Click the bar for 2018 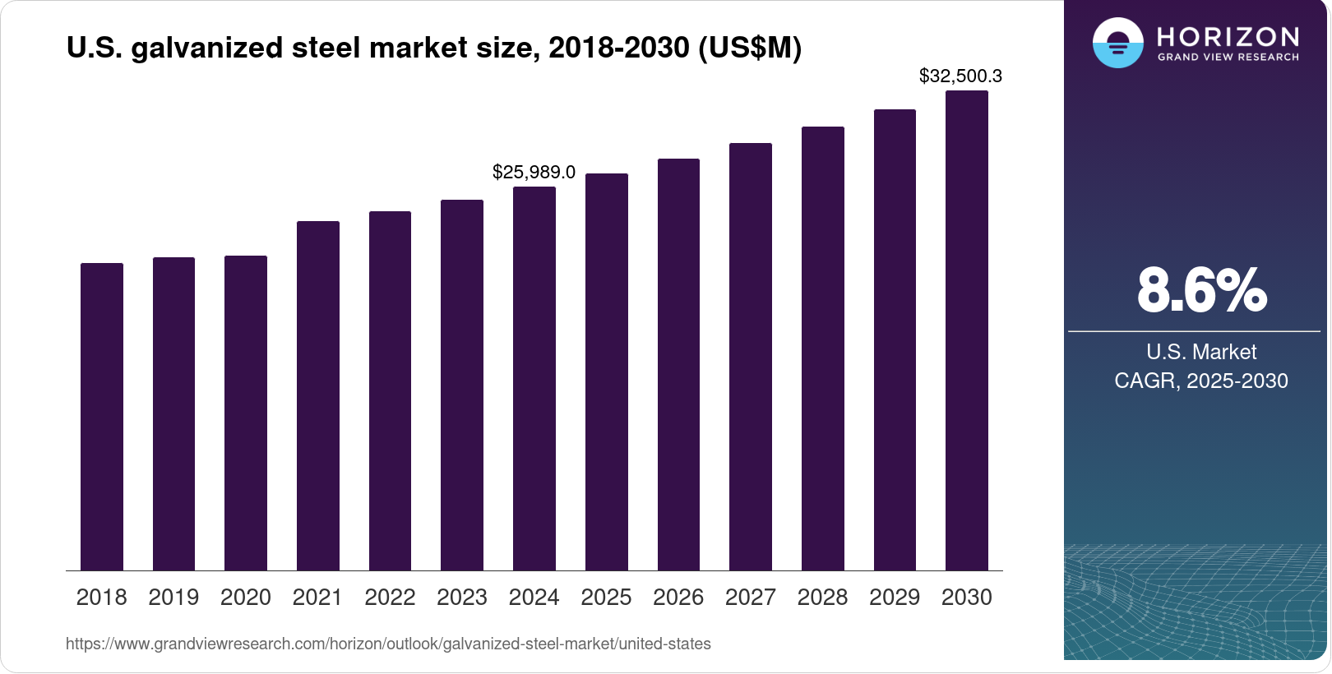pyautogui.click(x=102, y=417)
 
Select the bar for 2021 pyautogui.click(x=318, y=395)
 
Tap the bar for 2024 pyautogui.click(x=534, y=378)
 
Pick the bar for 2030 pyautogui.click(x=967, y=330)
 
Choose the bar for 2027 pyautogui.click(x=751, y=357)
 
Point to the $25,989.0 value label pyautogui.click(x=534, y=172)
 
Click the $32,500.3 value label pyautogui.click(x=960, y=76)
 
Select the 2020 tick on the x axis pyautogui.click(x=246, y=597)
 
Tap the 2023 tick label pyautogui.click(x=462, y=597)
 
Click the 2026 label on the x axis pyautogui.click(x=678, y=597)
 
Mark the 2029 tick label pyautogui.click(x=895, y=597)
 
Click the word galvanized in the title pyautogui.click(x=206, y=48)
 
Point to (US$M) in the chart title pyautogui.click(x=749, y=48)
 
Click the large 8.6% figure pyautogui.click(x=1201, y=290)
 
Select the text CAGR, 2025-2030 pyautogui.click(x=1201, y=381)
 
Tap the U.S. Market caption pyautogui.click(x=1201, y=352)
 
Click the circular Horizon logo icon pyautogui.click(x=1117, y=43)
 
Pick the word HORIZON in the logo pyautogui.click(x=1228, y=36)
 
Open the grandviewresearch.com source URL pyautogui.click(x=388, y=644)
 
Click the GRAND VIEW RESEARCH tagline pyautogui.click(x=1228, y=58)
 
